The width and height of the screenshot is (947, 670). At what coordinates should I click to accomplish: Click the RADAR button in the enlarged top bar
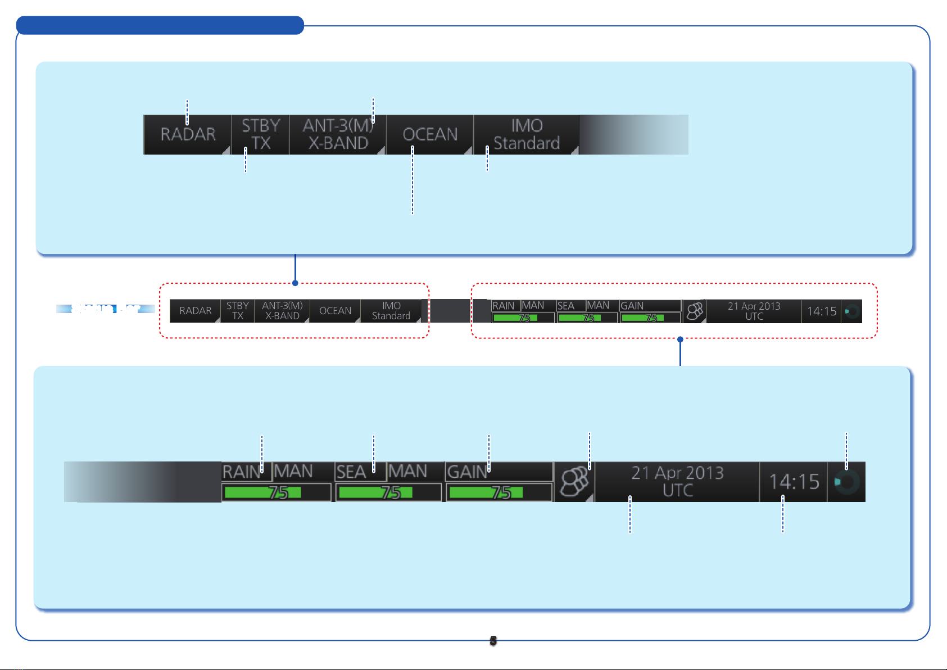point(188,134)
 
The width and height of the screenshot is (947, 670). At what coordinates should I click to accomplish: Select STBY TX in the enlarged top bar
point(260,134)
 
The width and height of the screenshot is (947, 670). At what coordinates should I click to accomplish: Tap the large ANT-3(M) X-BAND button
point(338,134)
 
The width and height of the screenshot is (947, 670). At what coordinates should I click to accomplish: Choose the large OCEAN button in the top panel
point(430,134)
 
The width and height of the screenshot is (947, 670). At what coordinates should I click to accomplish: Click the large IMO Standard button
point(526,134)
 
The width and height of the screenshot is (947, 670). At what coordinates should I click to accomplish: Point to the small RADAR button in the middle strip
point(195,311)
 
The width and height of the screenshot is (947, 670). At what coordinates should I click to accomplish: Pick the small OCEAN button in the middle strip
point(335,311)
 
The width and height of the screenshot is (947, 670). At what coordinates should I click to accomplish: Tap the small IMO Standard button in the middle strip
point(391,311)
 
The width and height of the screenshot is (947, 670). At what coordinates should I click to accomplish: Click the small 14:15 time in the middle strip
point(821,311)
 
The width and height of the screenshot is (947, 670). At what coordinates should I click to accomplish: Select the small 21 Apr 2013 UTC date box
point(754,311)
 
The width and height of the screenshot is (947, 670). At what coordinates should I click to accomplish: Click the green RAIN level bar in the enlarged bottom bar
point(262,492)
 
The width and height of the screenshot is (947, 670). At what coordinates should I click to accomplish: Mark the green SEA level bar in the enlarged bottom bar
point(375,492)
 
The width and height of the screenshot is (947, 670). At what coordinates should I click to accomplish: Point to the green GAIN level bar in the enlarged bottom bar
point(486,492)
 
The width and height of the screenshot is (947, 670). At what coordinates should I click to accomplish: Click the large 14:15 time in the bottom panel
point(794,482)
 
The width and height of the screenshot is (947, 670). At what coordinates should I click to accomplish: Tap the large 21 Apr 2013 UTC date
point(677,482)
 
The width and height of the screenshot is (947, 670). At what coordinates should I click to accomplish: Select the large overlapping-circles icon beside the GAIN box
point(574,482)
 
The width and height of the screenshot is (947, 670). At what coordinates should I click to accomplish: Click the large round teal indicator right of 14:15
point(846,482)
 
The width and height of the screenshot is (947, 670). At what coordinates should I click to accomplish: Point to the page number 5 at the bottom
point(493,641)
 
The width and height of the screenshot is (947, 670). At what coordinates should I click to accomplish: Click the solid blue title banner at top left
point(160,25)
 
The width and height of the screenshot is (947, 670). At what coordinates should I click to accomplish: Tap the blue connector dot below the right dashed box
point(680,339)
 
